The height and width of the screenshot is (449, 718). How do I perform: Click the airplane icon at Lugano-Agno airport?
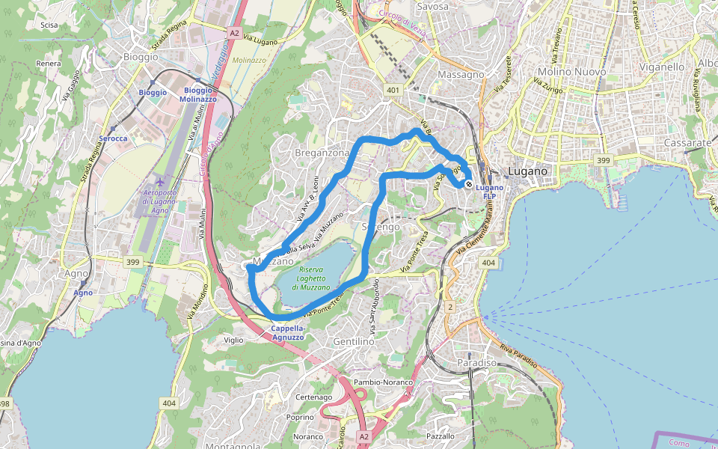coord(161,181)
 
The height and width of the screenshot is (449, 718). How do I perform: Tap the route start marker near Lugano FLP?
coord(469,183)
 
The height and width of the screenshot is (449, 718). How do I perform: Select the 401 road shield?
coord(392,89)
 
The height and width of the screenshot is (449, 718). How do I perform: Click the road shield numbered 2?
coord(449,307)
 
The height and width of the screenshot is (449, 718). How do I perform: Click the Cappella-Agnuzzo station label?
coord(287,332)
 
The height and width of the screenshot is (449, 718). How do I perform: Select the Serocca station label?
coord(113,138)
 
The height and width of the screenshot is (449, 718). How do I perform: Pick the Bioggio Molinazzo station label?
coord(199,94)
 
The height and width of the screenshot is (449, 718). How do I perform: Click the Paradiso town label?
coord(476,363)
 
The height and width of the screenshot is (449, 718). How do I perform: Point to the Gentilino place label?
coord(354,341)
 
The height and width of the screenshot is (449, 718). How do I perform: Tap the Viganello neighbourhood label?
coord(662,67)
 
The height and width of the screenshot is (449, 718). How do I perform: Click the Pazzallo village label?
coord(440,436)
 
